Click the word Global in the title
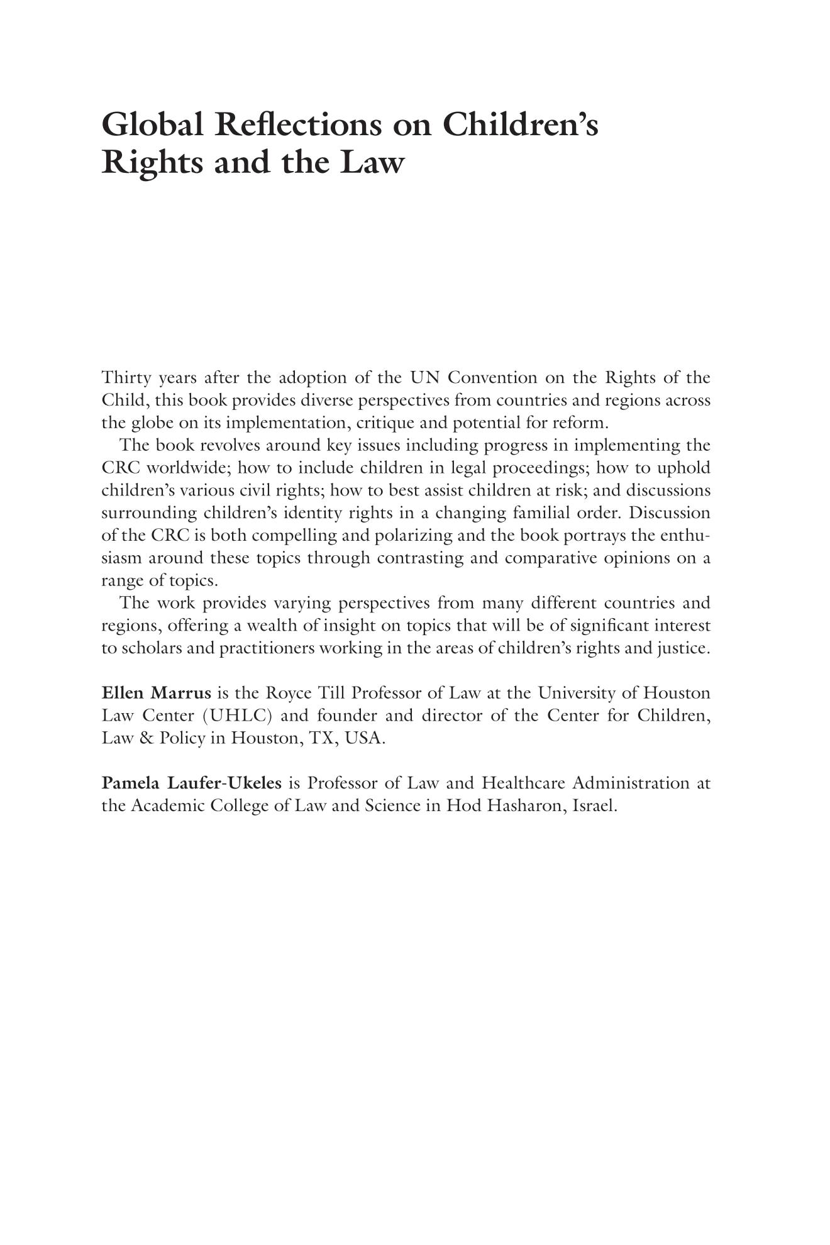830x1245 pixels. (152, 124)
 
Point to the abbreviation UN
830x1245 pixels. (424, 378)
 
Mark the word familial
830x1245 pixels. (541, 513)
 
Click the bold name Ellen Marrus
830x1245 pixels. (157, 694)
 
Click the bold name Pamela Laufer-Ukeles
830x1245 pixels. (192, 783)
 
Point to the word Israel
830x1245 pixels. (595, 806)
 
